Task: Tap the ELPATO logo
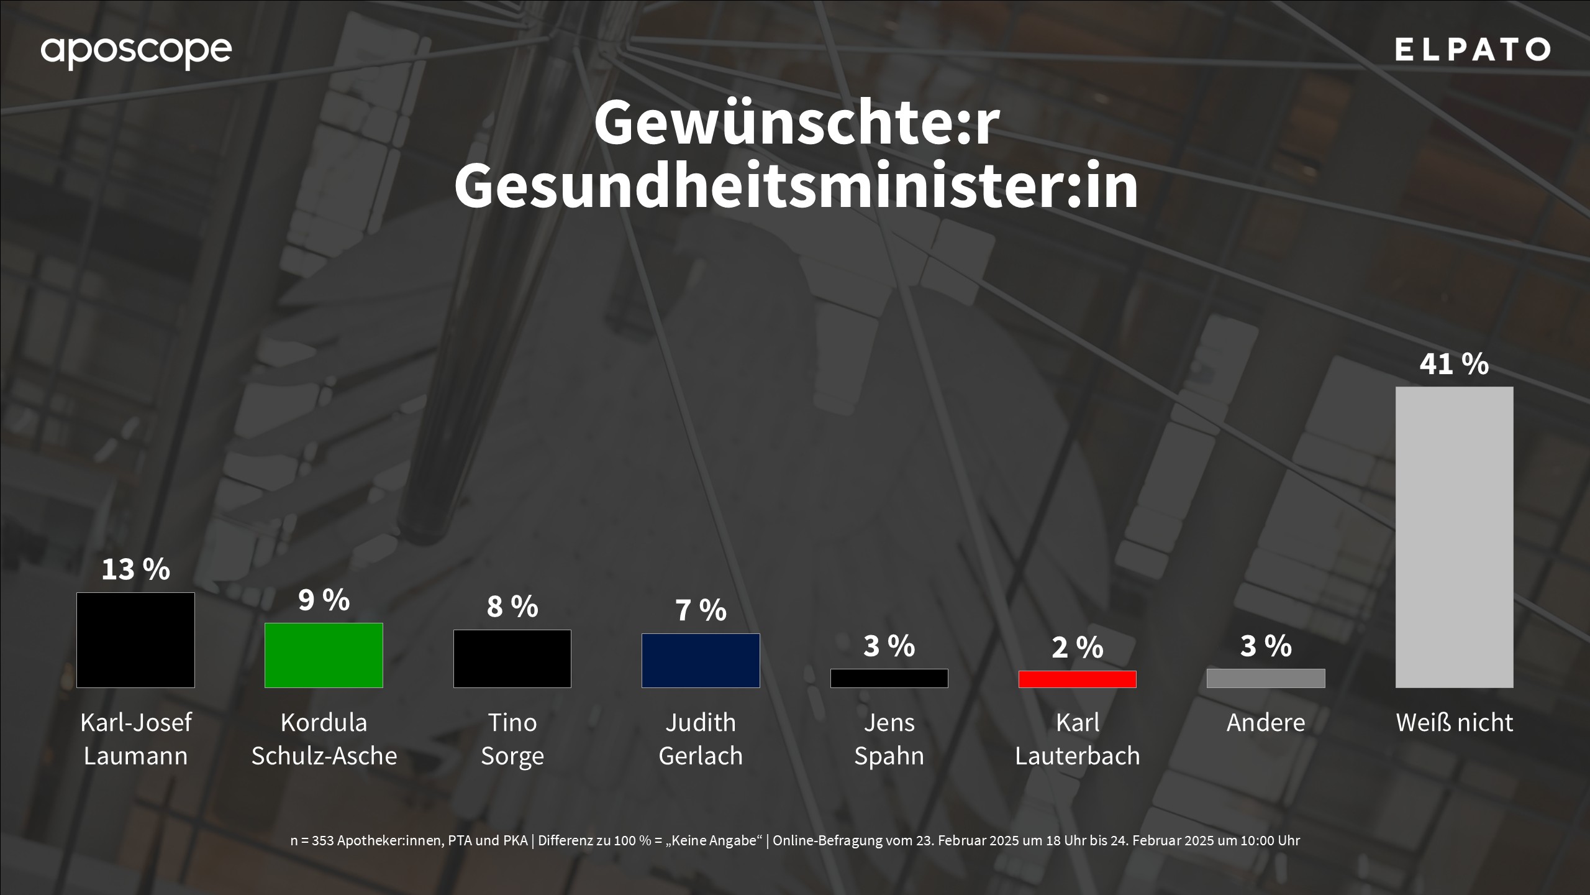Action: point(1472,50)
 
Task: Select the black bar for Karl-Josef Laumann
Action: point(135,640)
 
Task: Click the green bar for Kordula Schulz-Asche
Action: point(324,655)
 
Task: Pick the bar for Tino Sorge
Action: point(512,659)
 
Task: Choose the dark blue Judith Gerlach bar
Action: point(701,661)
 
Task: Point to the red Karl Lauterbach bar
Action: point(1077,679)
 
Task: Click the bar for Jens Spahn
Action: point(889,678)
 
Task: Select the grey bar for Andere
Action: point(1266,678)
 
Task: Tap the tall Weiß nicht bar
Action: point(1454,537)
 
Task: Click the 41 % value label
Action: point(1454,364)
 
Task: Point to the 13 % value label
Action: point(135,569)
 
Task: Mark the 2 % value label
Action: point(1077,648)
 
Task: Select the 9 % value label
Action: point(324,600)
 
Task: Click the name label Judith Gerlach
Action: point(701,739)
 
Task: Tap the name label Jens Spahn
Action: point(889,739)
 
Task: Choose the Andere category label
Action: point(1266,723)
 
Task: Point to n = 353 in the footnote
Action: point(312,841)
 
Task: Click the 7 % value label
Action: point(701,610)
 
